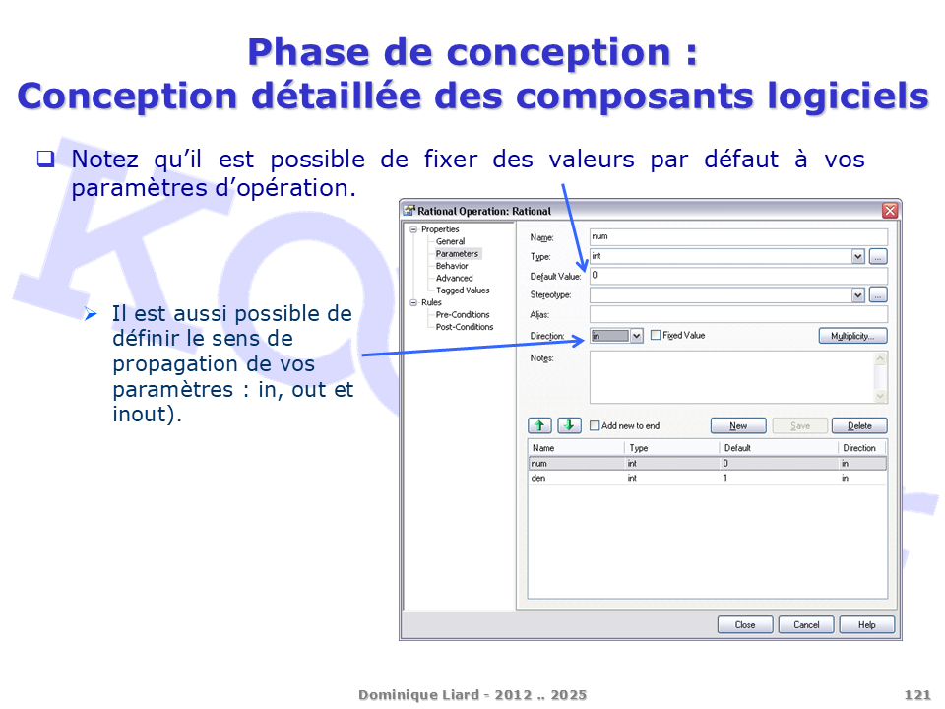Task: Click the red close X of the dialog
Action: click(890, 211)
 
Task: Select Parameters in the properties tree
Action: click(457, 254)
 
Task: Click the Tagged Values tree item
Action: click(463, 290)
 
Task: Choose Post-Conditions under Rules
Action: click(464, 327)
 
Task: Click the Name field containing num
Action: click(738, 237)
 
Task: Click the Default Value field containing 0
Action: click(738, 276)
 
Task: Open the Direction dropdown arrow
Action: click(637, 336)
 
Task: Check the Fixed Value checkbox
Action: click(656, 335)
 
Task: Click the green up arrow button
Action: click(539, 425)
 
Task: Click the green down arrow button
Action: click(569, 425)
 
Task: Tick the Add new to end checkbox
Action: click(595, 425)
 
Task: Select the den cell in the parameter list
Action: click(538, 479)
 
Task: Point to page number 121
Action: click(917, 695)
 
